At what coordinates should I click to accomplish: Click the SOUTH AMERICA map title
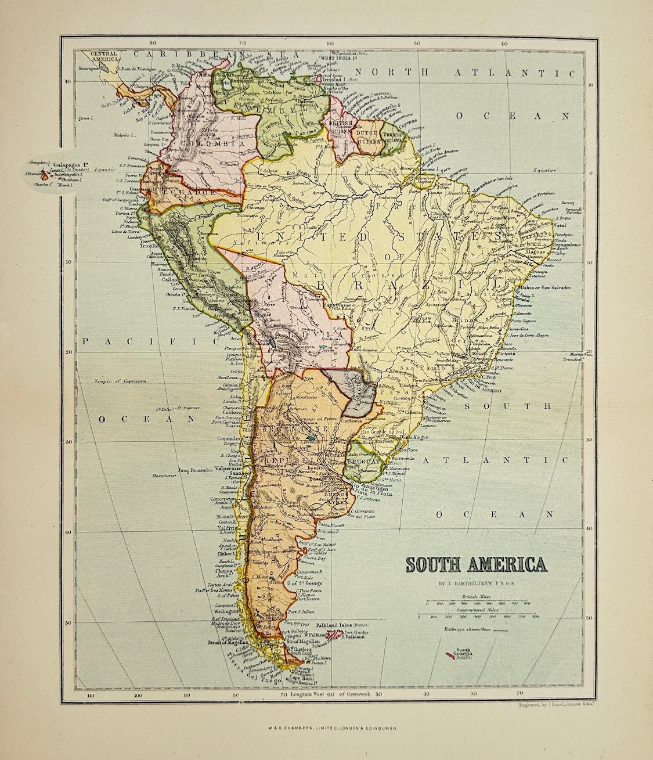475,566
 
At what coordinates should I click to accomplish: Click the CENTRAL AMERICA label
105,56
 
